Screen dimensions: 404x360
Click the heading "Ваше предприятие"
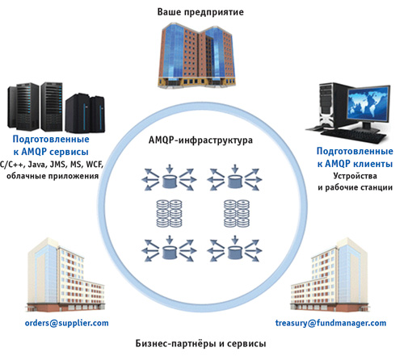[200, 12]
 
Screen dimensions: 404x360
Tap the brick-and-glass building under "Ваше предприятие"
[196, 55]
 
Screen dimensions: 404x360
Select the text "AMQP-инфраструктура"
[200, 140]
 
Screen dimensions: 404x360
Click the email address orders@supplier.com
[66, 323]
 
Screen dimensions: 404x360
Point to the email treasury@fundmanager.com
[330, 323]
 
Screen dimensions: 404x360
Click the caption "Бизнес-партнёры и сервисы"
[200, 344]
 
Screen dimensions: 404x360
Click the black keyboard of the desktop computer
[353, 136]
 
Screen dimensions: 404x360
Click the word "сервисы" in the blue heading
[69, 152]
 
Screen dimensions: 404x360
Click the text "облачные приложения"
[53, 176]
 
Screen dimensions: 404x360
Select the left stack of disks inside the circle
[169, 213]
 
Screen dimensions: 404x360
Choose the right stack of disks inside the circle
[237, 213]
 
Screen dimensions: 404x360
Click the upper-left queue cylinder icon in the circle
[170, 181]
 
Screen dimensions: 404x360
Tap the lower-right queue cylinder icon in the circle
[235, 253]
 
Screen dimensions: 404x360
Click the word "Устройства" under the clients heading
[355, 176]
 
